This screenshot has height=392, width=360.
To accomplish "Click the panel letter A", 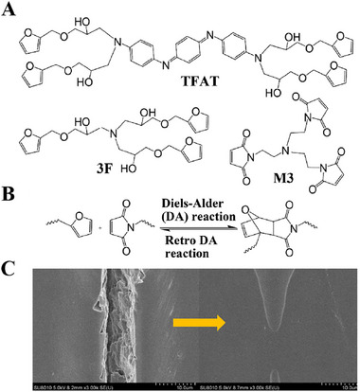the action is (9, 9).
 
